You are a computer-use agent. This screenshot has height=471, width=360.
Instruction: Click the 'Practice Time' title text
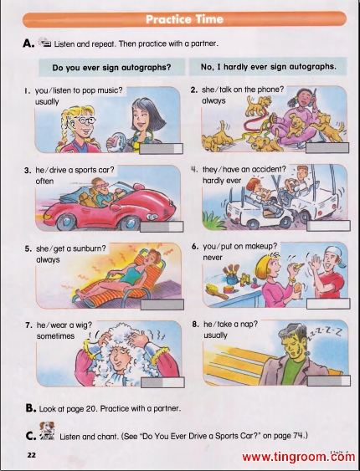click(x=184, y=19)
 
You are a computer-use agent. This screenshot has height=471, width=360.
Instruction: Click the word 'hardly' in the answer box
click(x=236, y=67)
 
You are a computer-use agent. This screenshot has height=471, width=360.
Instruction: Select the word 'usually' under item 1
click(x=47, y=102)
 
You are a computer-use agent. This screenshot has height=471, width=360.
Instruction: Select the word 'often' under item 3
click(x=44, y=182)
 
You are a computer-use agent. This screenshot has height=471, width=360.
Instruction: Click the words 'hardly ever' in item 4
click(x=222, y=181)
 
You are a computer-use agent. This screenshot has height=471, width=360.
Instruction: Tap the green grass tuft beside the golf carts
click(x=214, y=220)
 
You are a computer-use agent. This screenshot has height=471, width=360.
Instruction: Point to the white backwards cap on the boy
click(x=336, y=256)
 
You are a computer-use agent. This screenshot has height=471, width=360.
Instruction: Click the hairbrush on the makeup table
click(x=218, y=291)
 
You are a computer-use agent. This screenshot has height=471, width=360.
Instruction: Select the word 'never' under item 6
click(x=213, y=258)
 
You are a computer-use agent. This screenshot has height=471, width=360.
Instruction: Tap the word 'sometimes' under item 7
click(x=55, y=336)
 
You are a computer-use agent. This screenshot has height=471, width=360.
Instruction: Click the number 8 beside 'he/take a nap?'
click(x=195, y=325)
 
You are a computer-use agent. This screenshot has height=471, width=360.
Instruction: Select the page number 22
click(x=31, y=455)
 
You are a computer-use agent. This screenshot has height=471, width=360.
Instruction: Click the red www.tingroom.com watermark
click(x=298, y=457)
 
